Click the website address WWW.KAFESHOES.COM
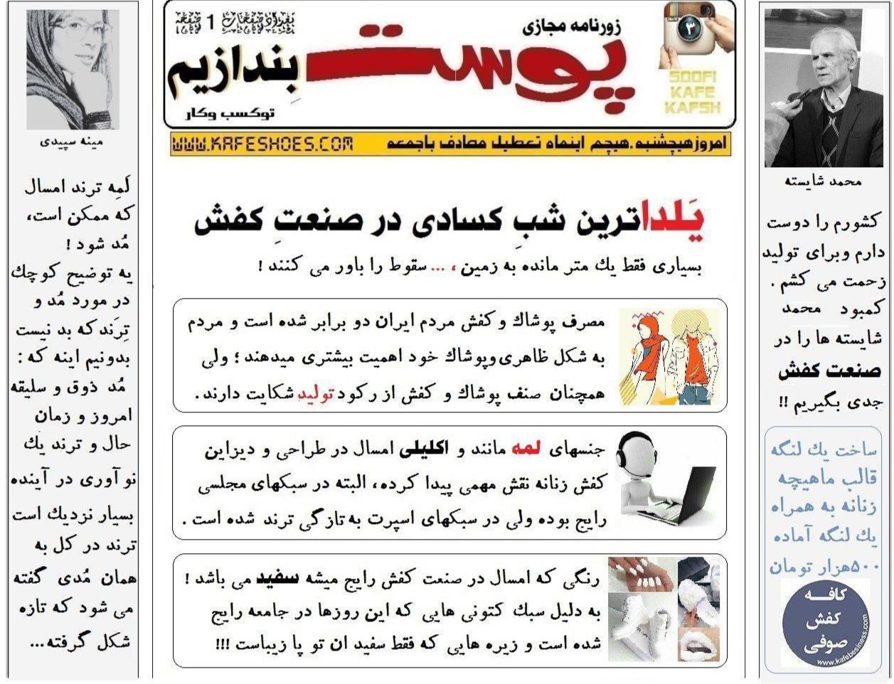tap(262, 144)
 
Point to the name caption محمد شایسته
tap(823, 181)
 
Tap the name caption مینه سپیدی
tap(73, 142)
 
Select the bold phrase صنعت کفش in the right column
tap(829, 371)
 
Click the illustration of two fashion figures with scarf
tap(666, 358)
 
